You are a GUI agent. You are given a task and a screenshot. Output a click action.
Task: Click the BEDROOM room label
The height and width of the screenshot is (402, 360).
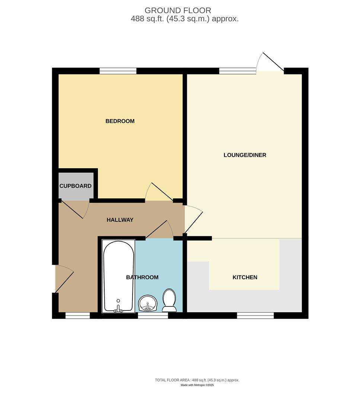coord(120,121)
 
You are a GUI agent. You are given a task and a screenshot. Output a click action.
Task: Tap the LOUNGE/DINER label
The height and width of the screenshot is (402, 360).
coord(245,155)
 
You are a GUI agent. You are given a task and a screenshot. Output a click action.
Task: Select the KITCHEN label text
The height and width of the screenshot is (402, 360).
coord(245,277)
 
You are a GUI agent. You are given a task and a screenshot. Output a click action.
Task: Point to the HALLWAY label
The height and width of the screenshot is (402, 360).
coord(120,220)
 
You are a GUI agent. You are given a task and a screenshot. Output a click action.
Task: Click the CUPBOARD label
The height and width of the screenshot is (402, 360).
coord(76,186)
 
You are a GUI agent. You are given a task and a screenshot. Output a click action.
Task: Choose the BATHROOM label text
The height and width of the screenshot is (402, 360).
coord(142,277)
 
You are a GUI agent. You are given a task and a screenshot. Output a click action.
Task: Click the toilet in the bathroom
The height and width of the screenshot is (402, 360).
coord(169,300)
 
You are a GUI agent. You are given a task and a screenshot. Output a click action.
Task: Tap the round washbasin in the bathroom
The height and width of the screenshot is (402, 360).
coord(148,303)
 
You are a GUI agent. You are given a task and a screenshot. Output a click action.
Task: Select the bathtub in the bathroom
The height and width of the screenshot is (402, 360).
coord(118,275)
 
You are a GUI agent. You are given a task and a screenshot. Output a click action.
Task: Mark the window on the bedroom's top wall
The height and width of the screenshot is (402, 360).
coord(118,71)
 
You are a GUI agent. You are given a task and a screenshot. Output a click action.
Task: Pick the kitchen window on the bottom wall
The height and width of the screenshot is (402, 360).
coord(255,316)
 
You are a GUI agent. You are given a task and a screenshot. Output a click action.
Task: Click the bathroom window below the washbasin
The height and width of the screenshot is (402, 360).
coord(153,316)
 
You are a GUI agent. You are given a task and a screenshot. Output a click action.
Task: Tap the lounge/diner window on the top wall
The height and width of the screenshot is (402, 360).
coord(238,70)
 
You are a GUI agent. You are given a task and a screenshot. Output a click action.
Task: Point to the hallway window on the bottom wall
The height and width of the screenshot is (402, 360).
coord(78,316)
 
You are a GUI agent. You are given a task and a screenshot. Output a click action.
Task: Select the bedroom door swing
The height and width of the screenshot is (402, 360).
coord(158,192)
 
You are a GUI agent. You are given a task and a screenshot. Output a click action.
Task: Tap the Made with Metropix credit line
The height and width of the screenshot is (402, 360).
coord(197,385)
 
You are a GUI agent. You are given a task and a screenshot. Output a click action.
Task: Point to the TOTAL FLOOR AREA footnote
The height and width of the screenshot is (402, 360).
coord(197,380)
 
